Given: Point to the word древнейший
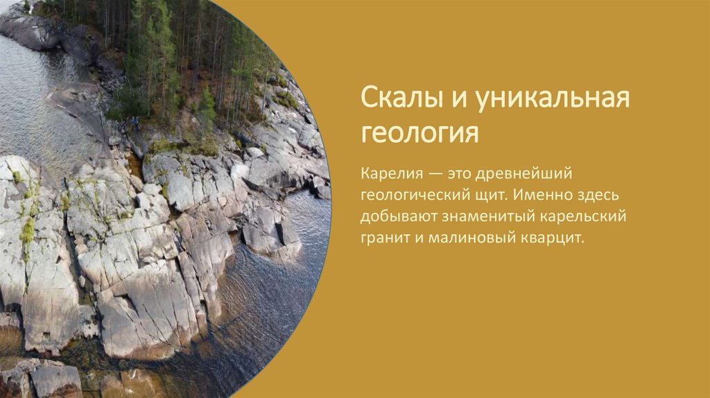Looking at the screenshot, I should coord(528,171).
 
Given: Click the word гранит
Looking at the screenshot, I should coord(382,239).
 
